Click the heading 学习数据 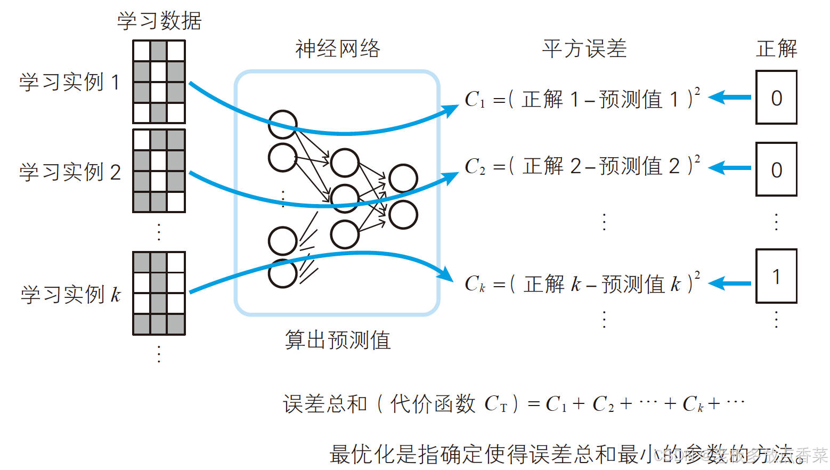pyautogui.click(x=159, y=21)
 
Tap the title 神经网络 pyautogui.click(x=338, y=49)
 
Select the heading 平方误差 pyautogui.click(x=584, y=49)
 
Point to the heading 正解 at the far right pyautogui.click(x=776, y=49)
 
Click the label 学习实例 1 pyautogui.click(x=70, y=83)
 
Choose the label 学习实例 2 pyautogui.click(x=70, y=172)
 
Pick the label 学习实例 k pyautogui.click(x=71, y=294)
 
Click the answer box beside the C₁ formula pyautogui.click(x=776, y=98)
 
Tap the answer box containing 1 pyautogui.click(x=776, y=277)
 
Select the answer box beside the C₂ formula pyautogui.click(x=776, y=170)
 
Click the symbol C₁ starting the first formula pyautogui.click(x=475, y=100)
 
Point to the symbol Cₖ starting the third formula pyautogui.click(x=475, y=284)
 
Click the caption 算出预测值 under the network pyautogui.click(x=338, y=340)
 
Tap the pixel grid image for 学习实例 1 pyautogui.click(x=159, y=82)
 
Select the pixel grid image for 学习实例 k pyautogui.click(x=159, y=293)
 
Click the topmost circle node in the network pyautogui.click(x=282, y=125)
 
